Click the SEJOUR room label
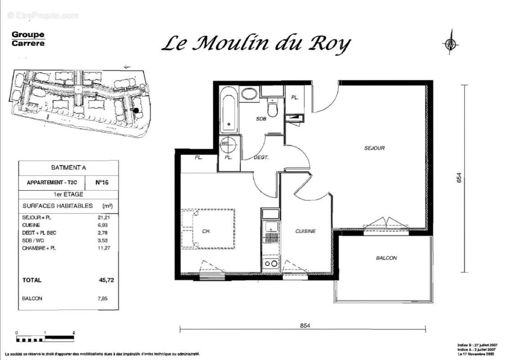(374, 148)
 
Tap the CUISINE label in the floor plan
(305, 231)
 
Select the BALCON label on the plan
(386, 258)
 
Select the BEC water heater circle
(229, 144)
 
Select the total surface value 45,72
(106, 280)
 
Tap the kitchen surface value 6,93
(104, 225)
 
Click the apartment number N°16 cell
(102, 183)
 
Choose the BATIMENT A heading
(68, 168)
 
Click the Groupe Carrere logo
(28, 39)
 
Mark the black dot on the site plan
(136, 110)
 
